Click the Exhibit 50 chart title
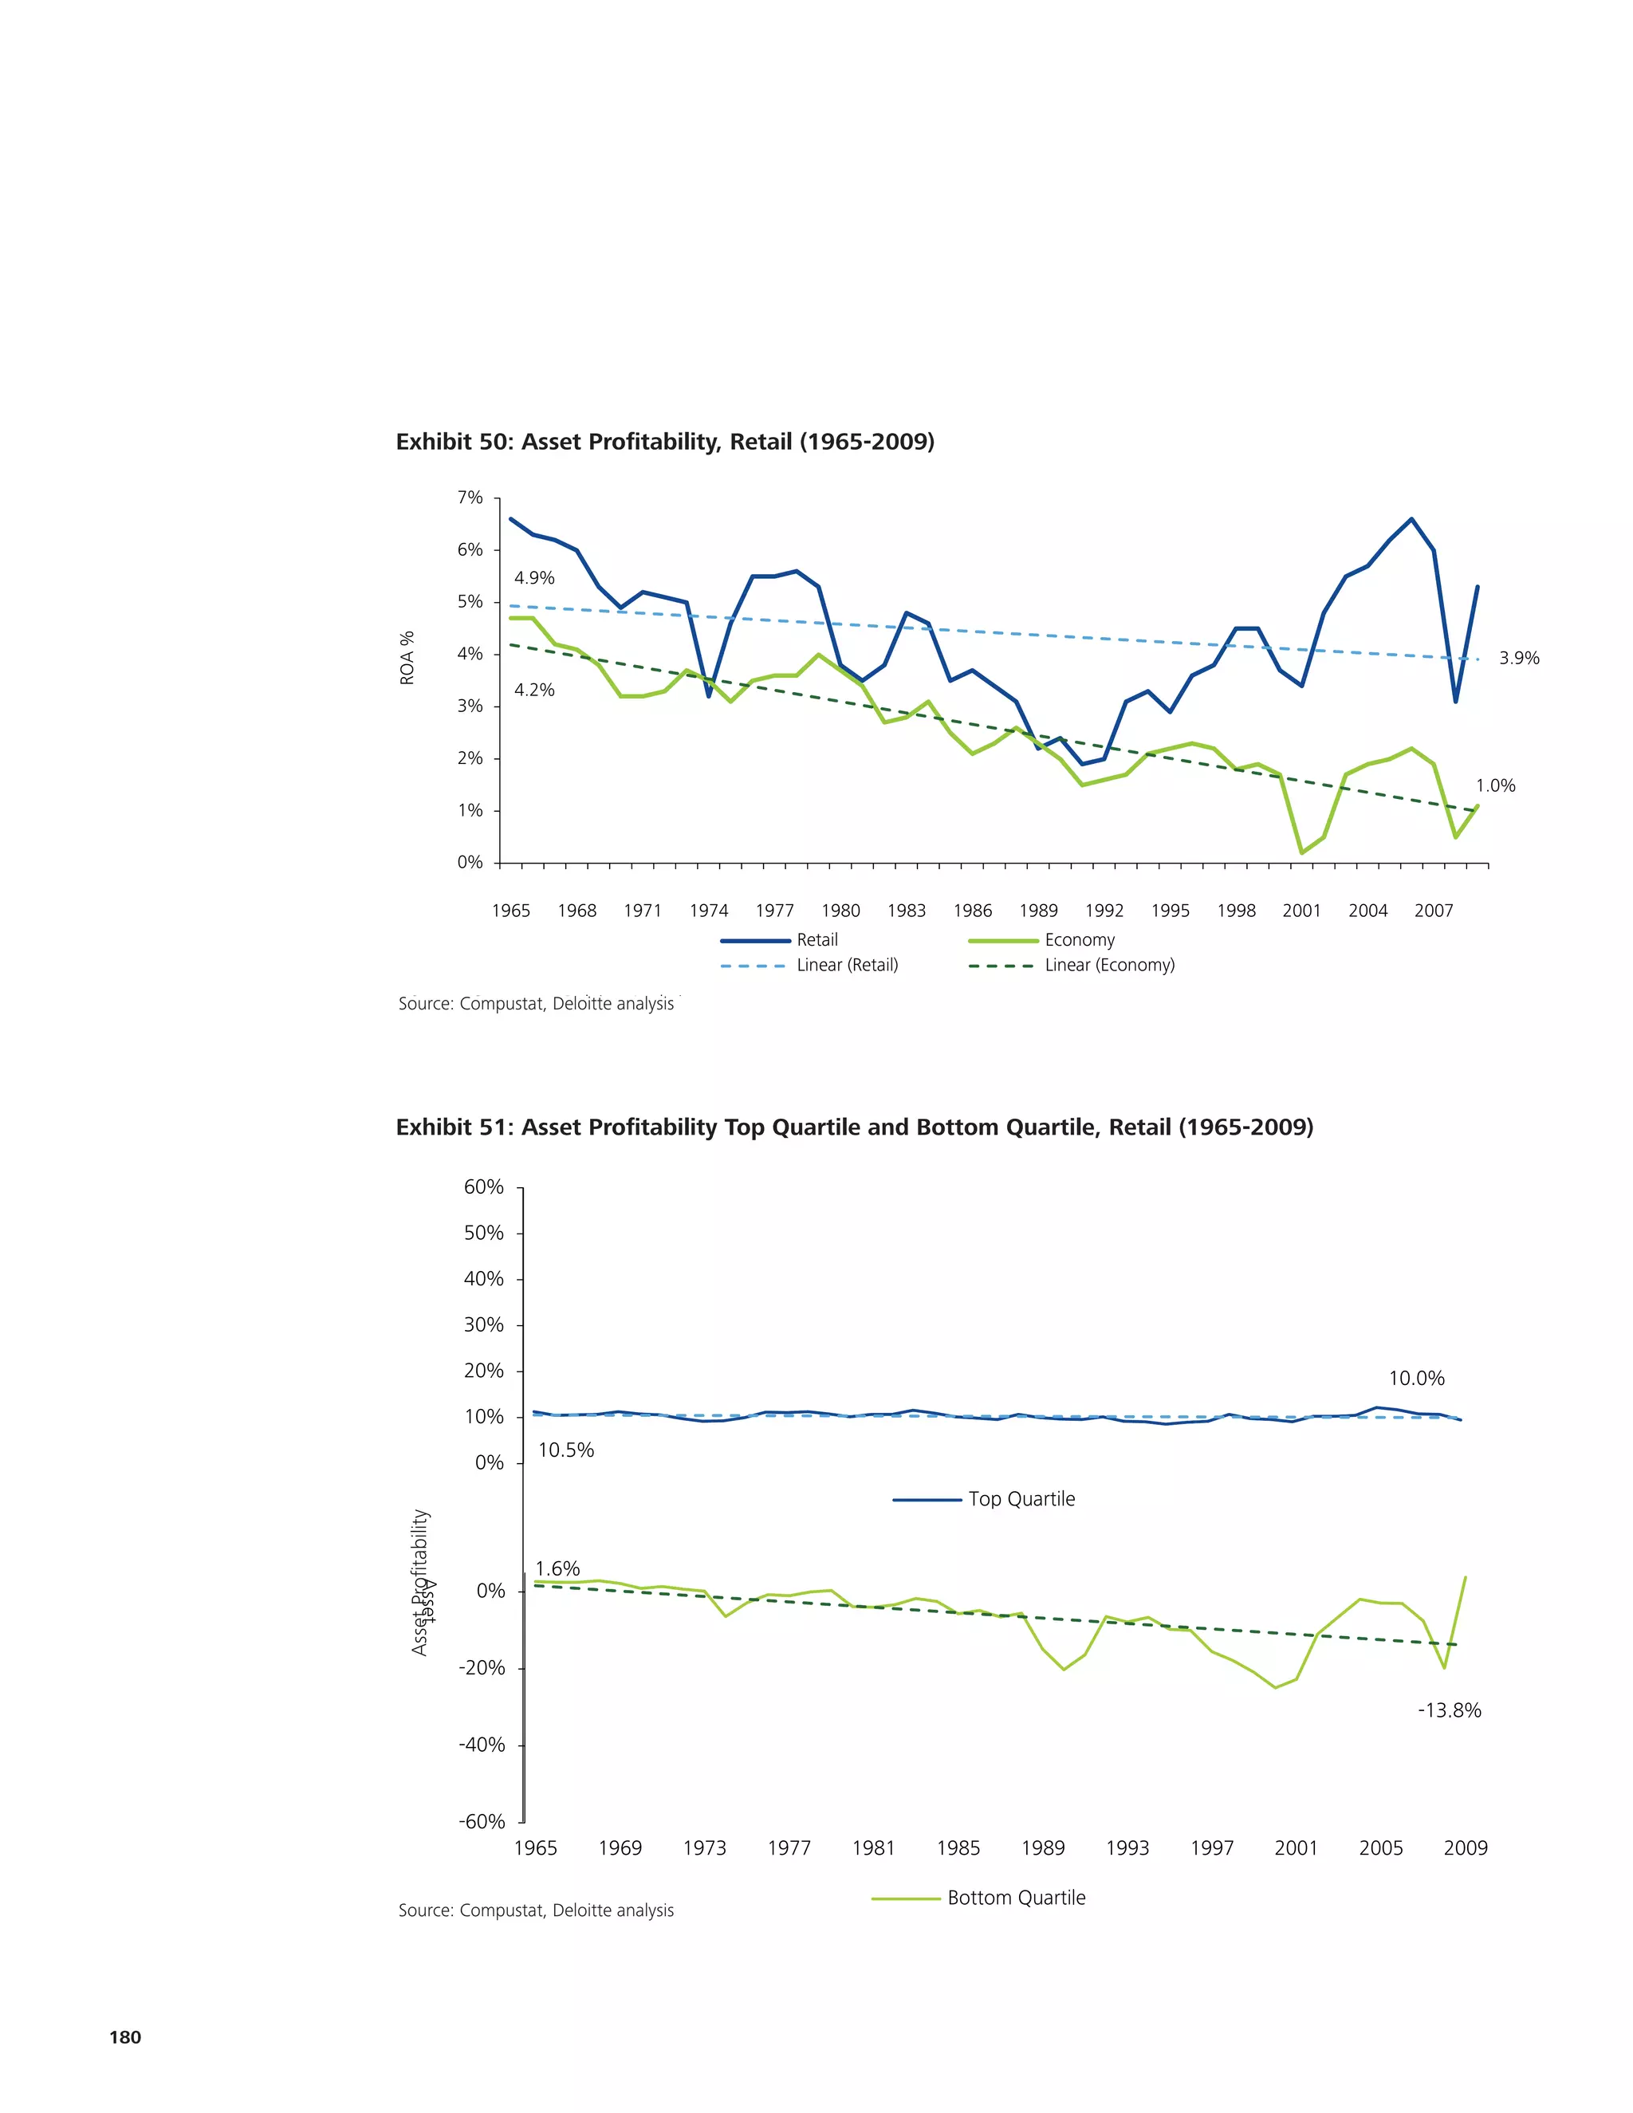coord(665,443)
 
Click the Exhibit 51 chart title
coord(854,1127)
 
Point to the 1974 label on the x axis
coord(708,911)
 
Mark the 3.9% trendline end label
coord(1519,658)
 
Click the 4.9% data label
coord(534,577)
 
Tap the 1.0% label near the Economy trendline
coord(1495,785)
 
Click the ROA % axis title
coord(407,658)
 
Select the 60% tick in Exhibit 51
coord(484,1187)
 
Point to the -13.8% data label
coord(1449,1710)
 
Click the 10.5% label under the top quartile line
coord(566,1450)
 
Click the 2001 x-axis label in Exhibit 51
coord(1296,1848)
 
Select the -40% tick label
coord(482,1745)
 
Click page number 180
coord(125,2037)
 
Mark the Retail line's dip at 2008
coord(1455,702)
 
